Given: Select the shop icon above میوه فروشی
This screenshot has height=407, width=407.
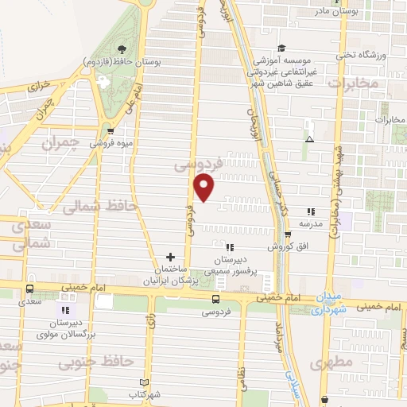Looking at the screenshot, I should [110, 132].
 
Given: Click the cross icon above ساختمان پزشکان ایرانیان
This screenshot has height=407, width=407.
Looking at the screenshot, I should [170, 257].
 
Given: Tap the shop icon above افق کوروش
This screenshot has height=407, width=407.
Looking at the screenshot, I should [288, 234].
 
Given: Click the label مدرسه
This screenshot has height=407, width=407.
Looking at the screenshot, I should [310, 223].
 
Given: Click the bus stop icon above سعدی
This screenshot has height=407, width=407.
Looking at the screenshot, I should [30, 289].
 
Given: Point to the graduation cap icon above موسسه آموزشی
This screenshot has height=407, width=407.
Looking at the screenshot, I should [282, 48].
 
